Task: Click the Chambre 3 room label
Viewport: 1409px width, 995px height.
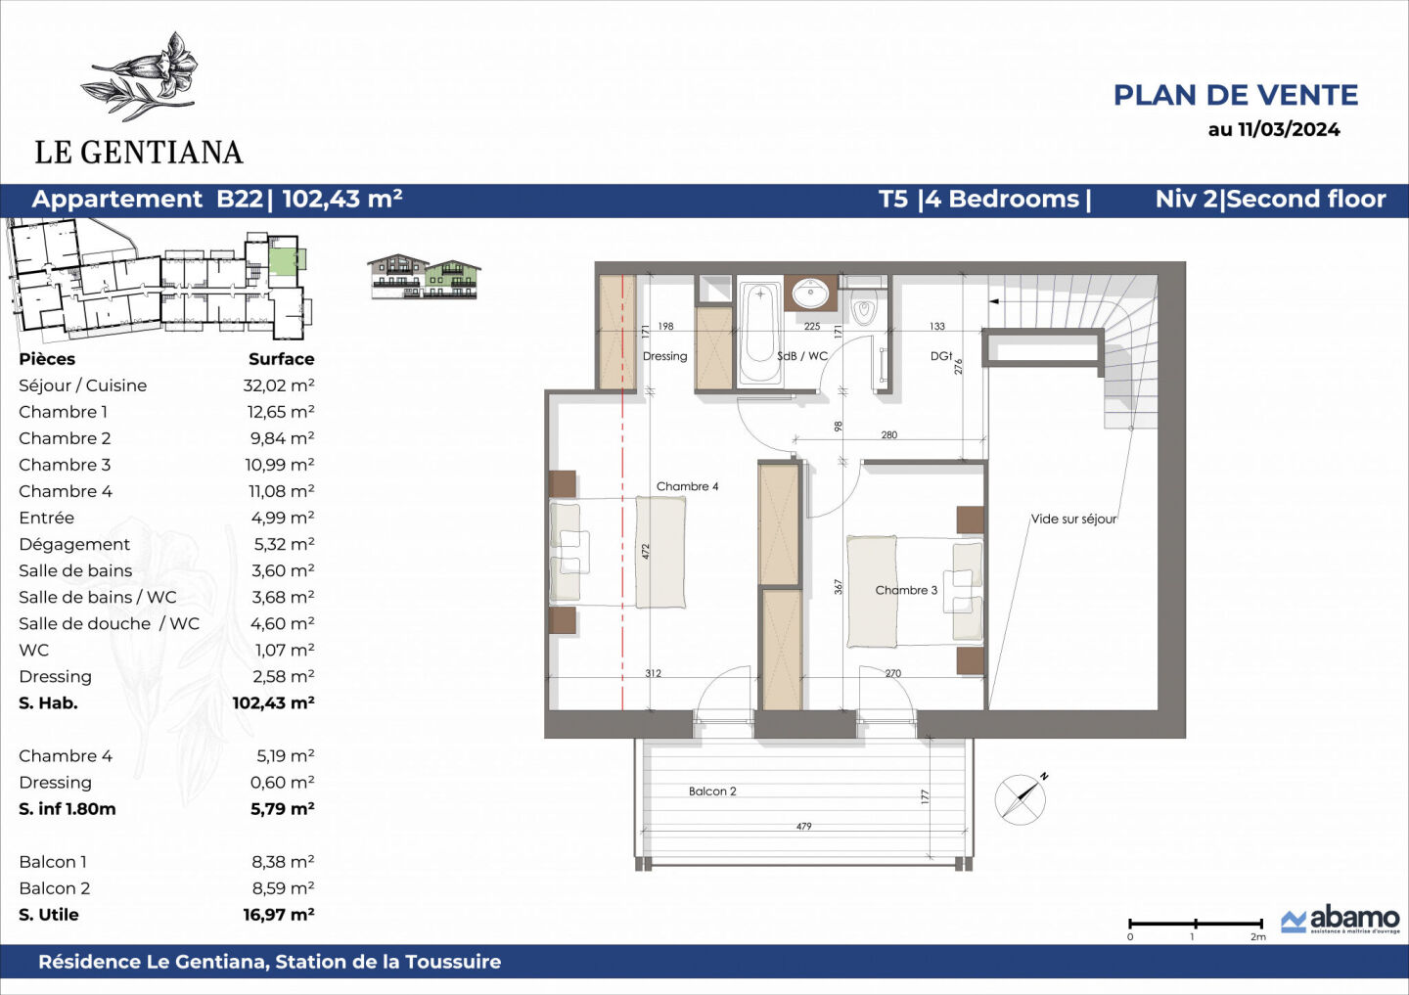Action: click(x=906, y=590)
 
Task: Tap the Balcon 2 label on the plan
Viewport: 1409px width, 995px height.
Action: click(x=712, y=791)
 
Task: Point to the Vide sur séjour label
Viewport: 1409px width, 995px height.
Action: click(x=1073, y=520)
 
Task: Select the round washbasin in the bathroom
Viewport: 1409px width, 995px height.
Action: click(x=810, y=293)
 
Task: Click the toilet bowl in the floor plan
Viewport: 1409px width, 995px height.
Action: click(x=863, y=310)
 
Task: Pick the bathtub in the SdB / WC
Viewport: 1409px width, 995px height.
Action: click(x=759, y=333)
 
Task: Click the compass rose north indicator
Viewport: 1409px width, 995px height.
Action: click(x=1022, y=797)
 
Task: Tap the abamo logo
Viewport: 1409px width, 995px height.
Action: click(x=1341, y=919)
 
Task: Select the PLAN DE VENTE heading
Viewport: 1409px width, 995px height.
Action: click(x=1236, y=95)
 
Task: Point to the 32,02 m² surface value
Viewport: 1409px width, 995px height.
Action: click(x=279, y=385)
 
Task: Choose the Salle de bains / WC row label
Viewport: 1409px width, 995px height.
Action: click(x=98, y=597)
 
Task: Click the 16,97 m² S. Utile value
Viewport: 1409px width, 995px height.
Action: click(x=279, y=915)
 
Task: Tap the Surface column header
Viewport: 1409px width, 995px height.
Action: click(x=281, y=359)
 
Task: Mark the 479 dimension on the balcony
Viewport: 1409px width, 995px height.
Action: click(x=803, y=827)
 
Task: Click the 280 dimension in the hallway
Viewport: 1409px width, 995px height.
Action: click(x=888, y=435)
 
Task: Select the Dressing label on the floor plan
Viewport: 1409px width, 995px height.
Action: click(x=664, y=356)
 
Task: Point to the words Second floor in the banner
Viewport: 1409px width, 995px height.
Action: click(x=1306, y=200)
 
